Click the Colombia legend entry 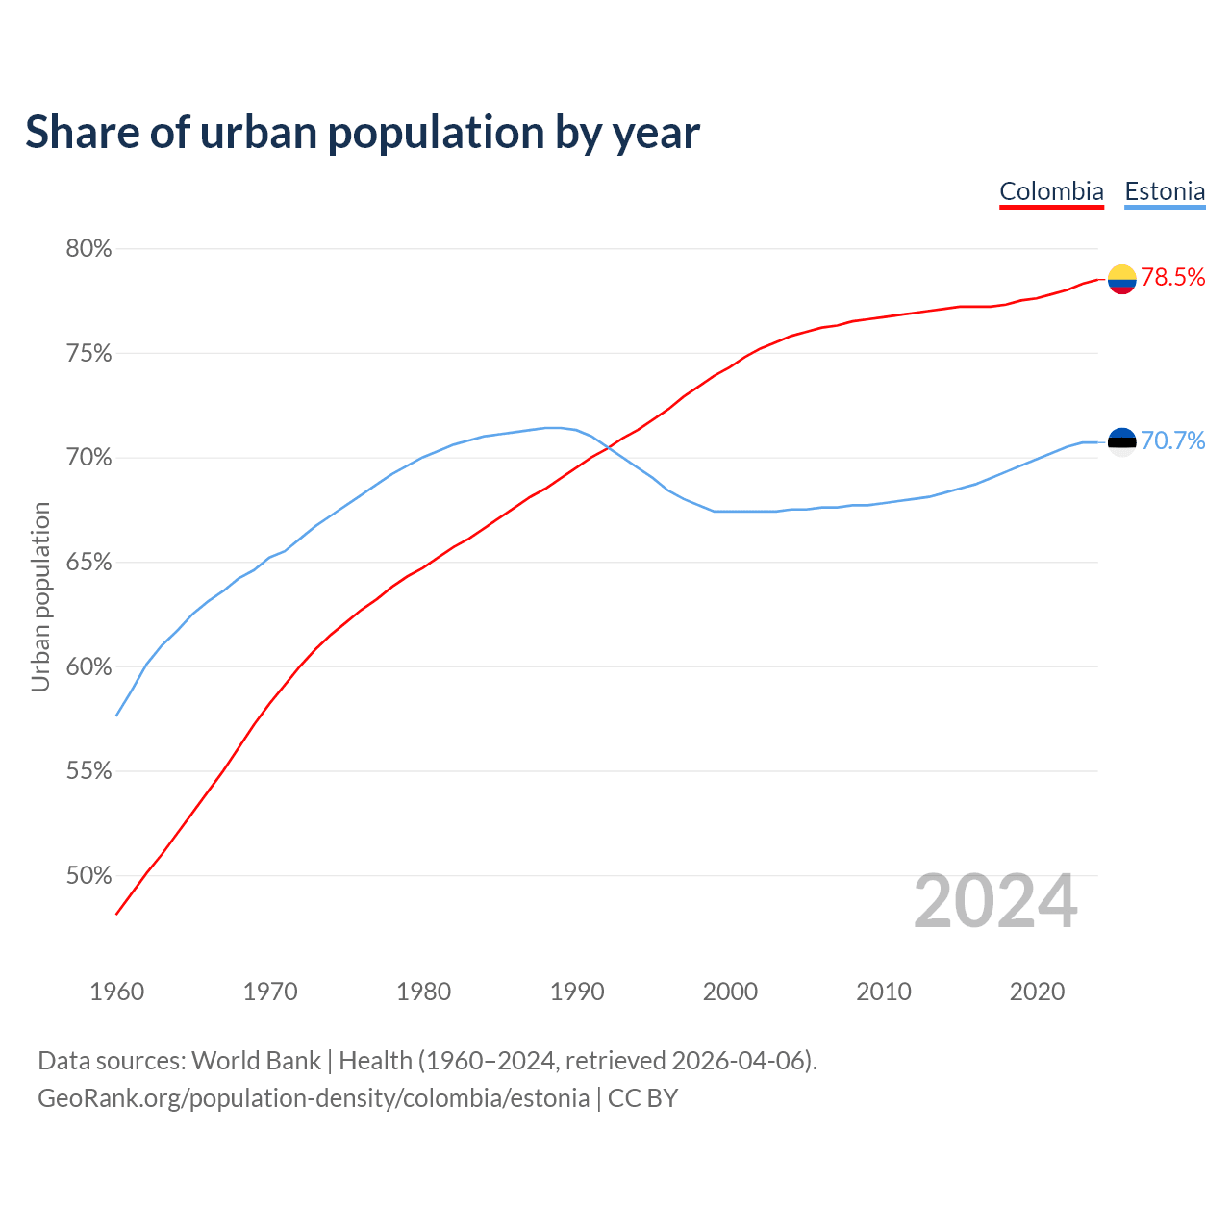click(1051, 191)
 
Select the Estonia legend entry click(1165, 191)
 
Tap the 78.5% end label click(1173, 278)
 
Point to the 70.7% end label click(1173, 440)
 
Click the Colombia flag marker click(1121, 279)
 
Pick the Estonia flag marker click(1121, 441)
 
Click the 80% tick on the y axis click(88, 249)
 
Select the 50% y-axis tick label click(88, 876)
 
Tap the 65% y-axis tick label click(88, 563)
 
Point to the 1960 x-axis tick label click(116, 992)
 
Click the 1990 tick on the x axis click(577, 992)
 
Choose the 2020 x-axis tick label click(1037, 992)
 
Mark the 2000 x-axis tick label click(730, 992)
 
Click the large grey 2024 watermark click(995, 901)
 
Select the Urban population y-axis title click(40, 596)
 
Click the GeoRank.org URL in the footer click(314, 1098)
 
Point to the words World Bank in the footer click(256, 1061)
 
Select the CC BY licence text click(642, 1098)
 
